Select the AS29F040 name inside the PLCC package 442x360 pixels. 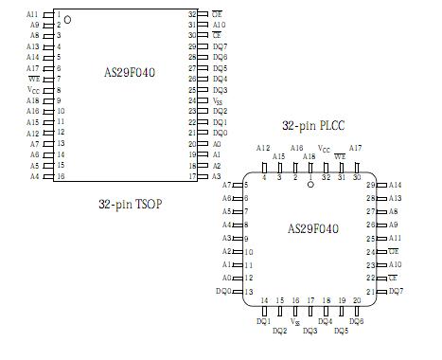click(312, 228)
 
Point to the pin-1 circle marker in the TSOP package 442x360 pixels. click(67, 18)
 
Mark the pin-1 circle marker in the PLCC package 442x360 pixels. click(309, 184)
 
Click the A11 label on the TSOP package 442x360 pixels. click(32, 15)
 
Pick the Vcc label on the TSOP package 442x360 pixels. click(32, 89)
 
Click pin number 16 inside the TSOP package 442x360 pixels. click(61, 176)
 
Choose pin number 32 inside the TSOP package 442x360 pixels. click(192, 15)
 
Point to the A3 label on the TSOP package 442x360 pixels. click(217, 176)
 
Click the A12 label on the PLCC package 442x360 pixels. click(263, 148)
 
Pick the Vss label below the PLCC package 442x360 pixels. click(295, 322)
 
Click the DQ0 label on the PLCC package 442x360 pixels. click(223, 291)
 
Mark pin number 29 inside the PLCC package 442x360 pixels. click(371, 185)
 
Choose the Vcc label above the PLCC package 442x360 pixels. click(325, 149)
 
